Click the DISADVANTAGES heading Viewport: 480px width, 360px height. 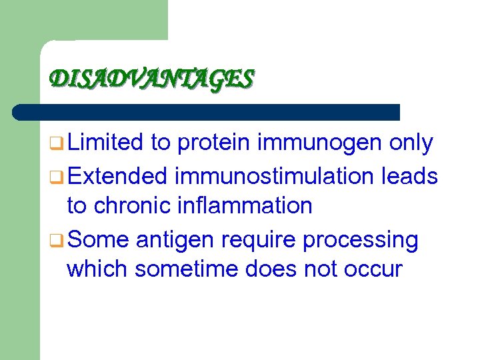tap(152, 79)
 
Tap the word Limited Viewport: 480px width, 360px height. tap(105, 142)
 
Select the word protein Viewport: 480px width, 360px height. tap(213, 142)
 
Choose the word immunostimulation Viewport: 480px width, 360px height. tap(274, 176)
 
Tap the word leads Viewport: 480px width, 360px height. tap(410, 176)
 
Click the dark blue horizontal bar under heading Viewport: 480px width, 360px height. tap(207, 112)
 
